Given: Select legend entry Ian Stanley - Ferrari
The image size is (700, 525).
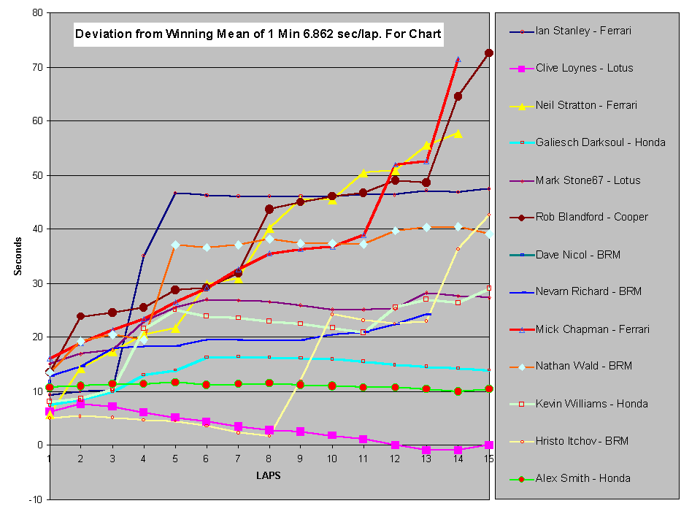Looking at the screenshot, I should click(582, 31).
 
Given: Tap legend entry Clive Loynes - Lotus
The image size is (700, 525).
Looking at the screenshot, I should click(584, 68).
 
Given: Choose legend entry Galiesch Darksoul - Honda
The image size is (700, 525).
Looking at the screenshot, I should click(600, 142).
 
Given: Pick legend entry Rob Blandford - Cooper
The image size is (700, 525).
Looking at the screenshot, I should click(591, 217).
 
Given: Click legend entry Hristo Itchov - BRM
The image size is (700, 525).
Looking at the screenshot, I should click(582, 441).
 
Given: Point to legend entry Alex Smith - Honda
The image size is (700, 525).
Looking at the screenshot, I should click(582, 478).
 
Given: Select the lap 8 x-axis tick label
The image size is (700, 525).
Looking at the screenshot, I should click(269, 459).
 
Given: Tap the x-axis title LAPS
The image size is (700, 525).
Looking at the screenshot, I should click(268, 475).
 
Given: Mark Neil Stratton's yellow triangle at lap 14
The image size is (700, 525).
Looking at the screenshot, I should click(458, 134).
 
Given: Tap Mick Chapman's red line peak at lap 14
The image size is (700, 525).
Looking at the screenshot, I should click(458, 60).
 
